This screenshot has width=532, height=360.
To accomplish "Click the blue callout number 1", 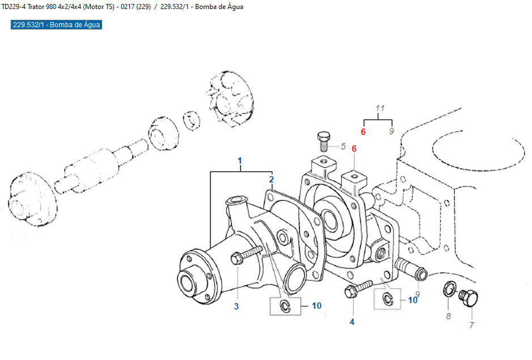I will click(x=239, y=161).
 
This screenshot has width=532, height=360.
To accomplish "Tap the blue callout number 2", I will click(x=272, y=180).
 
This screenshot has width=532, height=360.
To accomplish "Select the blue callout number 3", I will click(x=237, y=306).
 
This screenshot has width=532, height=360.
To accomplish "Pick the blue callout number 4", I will click(x=352, y=322).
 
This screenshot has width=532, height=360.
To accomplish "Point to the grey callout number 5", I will click(x=343, y=147).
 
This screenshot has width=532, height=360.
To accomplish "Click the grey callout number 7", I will click(x=471, y=325).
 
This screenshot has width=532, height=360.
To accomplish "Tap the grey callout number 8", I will click(x=448, y=316).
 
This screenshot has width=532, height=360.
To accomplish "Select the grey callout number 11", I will click(x=380, y=108).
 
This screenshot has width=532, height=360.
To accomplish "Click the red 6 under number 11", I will click(x=364, y=132).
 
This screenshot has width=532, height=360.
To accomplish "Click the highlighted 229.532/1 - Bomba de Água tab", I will click(x=56, y=25).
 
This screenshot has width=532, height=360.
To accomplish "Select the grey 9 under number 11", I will click(x=391, y=132).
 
